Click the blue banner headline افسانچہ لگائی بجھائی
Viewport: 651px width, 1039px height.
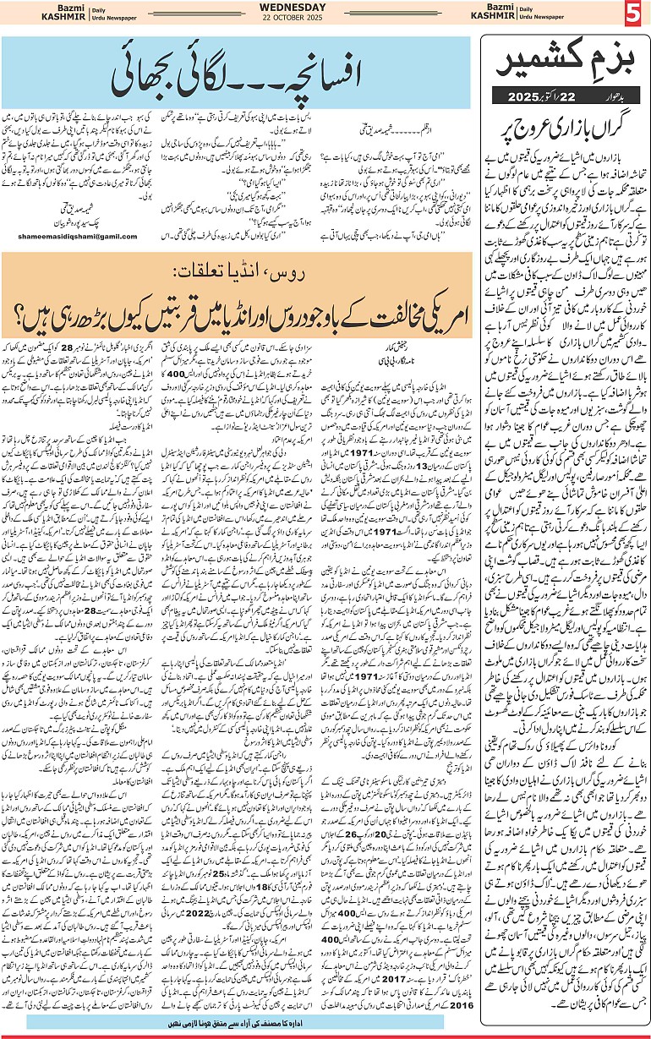pos(237,75)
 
